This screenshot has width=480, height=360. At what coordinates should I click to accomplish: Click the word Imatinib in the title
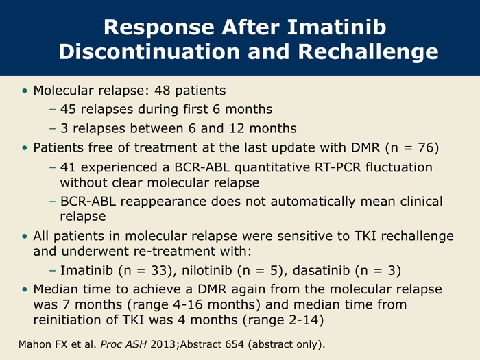[337, 27]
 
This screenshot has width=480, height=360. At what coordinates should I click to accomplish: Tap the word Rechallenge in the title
[368, 51]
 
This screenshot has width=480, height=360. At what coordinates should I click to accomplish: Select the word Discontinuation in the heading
[149, 51]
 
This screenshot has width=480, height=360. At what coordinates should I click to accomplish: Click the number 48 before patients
[162, 91]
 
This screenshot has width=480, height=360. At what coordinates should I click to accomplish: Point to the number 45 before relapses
[68, 109]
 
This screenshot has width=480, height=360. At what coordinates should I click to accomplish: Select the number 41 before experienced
[68, 167]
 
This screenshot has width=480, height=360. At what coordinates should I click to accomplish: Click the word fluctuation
[399, 167]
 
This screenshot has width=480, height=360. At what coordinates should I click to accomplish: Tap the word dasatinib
[321, 270]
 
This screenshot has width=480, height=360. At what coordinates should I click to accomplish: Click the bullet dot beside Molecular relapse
[25, 91]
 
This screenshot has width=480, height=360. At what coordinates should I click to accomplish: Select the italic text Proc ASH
[123, 344]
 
